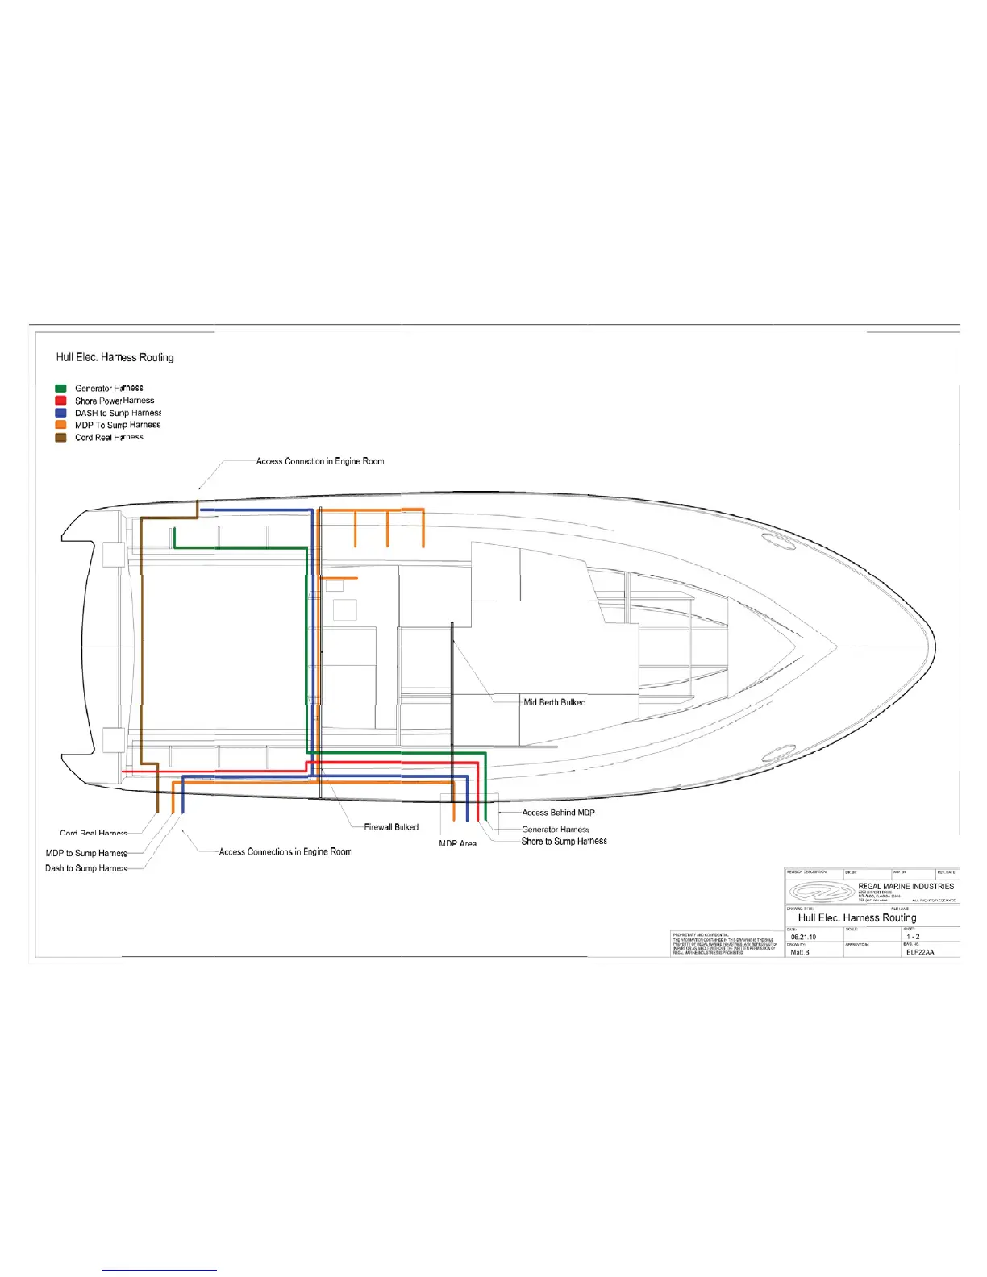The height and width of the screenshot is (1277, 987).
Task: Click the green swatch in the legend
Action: point(60,389)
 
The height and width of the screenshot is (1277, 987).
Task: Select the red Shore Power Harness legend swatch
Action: point(60,401)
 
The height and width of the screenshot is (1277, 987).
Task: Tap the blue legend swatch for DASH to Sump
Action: point(60,413)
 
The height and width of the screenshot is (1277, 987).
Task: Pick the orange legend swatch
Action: point(60,425)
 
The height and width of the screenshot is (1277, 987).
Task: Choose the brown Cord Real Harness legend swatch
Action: point(60,438)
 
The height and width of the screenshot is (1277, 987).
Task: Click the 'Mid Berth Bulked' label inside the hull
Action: point(555,702)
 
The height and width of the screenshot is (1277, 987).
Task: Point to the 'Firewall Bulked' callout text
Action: point(391,827)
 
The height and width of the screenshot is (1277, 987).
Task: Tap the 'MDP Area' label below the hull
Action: point(457,844)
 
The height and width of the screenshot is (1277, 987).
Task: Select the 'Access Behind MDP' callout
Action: point(558,813)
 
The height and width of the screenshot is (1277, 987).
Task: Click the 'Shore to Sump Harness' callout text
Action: point(564,841)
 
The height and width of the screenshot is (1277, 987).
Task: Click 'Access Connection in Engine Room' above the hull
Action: point(320,461)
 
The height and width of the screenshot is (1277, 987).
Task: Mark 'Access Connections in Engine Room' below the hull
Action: point(285,851)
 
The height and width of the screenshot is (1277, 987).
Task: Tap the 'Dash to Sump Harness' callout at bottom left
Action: point(86,868)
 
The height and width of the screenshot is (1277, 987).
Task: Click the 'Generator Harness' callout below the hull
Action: point(556,829)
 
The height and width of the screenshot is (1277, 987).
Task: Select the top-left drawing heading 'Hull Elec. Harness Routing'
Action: point(115,357)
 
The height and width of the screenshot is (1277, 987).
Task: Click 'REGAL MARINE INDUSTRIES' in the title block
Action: point(906,886)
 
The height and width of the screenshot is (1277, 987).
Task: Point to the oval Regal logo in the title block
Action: point(821,892)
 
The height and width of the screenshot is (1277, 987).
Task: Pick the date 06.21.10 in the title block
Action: point(803,937)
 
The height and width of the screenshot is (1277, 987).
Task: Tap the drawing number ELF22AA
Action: point(919,952)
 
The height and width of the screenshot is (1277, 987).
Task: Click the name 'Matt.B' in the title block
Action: point(800,952)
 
